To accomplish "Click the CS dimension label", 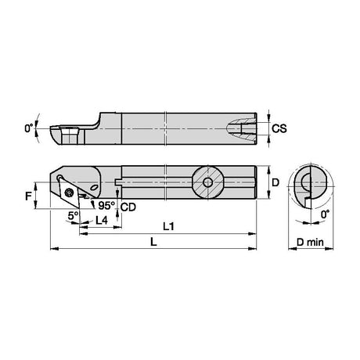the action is tap(279, 128).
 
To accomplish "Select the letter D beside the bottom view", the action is tap(275, 182).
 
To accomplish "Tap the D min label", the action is tap(310, 243).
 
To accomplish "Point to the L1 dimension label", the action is tap(168, 226).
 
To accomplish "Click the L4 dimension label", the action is tap(102, 221).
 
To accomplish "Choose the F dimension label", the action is tap(28, 196).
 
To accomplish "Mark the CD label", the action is tap(128, 207).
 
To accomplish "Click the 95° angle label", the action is tap(106, 205).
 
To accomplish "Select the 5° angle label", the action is tap(73, 216).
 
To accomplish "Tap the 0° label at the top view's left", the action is tap(29, 128).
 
